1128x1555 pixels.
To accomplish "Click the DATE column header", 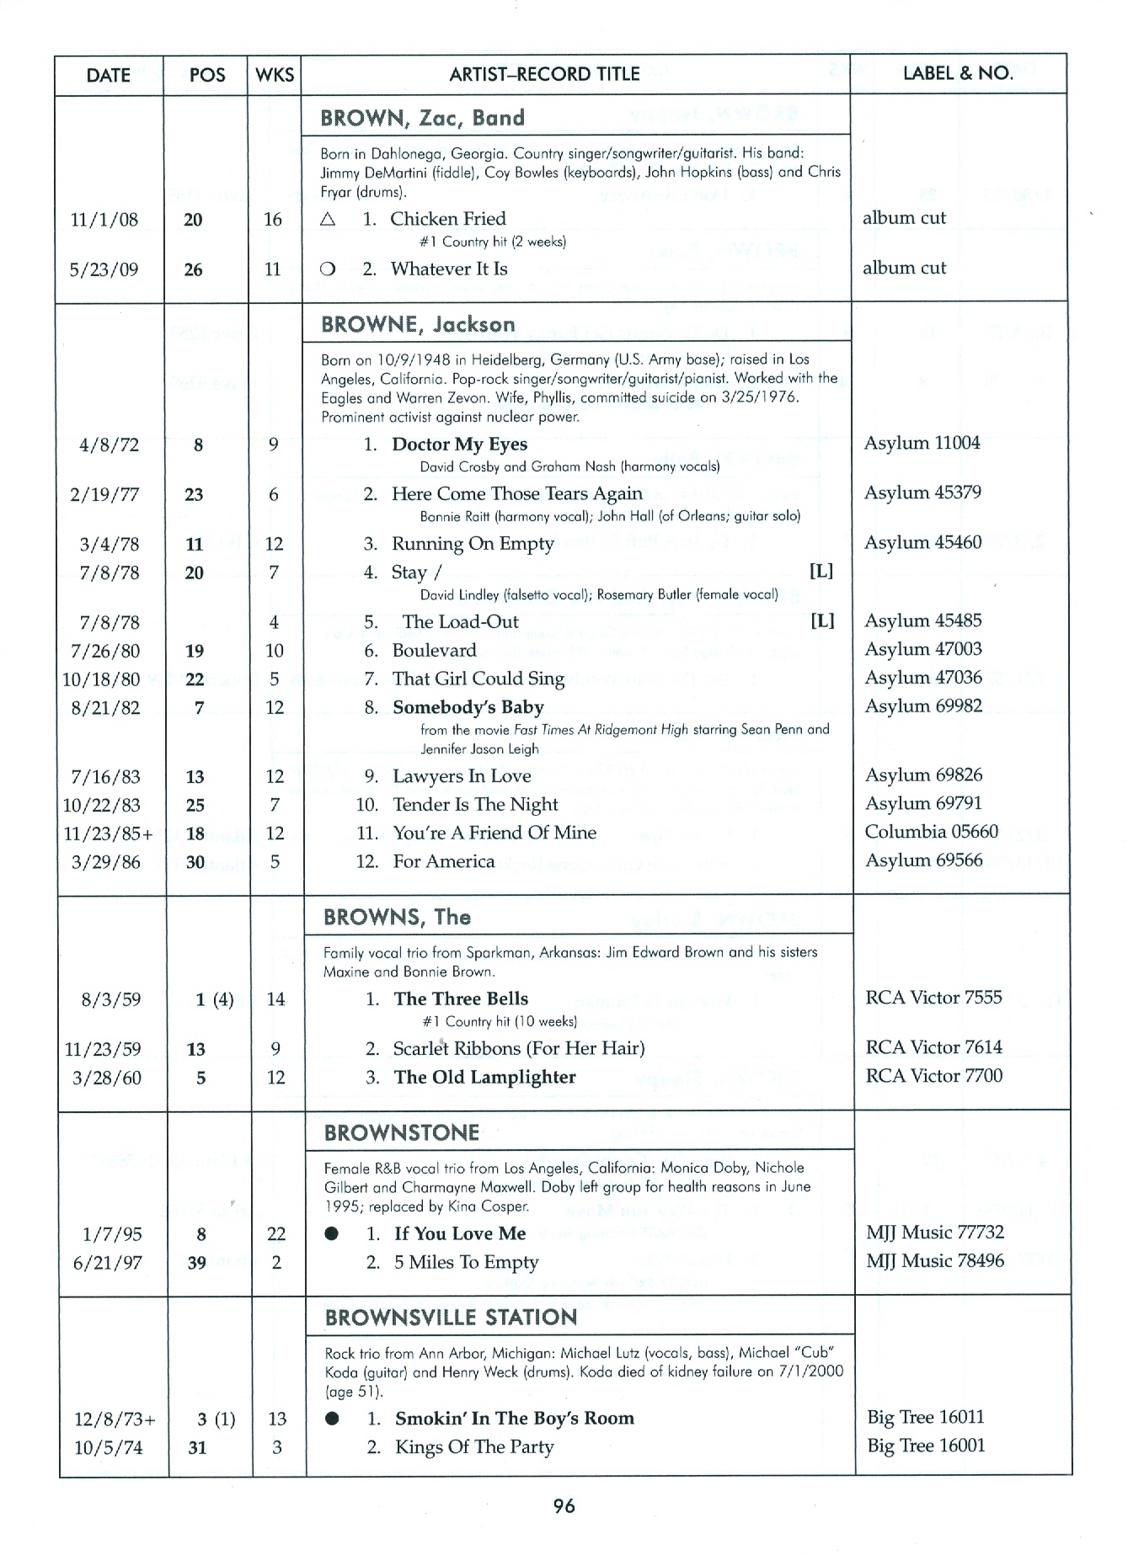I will coord(108,75).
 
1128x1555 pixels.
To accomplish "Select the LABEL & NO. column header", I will coord(958,73).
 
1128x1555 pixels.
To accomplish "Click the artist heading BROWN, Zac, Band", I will coord(422,118).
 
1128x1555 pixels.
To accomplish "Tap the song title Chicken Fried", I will coord(447,219).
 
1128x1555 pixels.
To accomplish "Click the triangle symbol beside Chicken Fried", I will coord(329,219).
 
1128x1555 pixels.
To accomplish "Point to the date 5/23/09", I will coord(104,270).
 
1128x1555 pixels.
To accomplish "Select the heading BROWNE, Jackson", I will coord(418,325).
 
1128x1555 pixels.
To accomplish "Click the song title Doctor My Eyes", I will coord(459,445).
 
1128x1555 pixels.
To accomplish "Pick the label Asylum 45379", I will coord(922,493).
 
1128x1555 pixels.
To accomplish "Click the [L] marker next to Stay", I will coord(821,572).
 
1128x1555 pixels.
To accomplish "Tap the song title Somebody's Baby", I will coord(468,707).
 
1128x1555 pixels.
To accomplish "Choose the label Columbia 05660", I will coord(931,832).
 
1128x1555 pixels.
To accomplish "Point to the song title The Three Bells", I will coord(461,999).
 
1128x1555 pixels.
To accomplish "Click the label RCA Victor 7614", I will coord(933,1047).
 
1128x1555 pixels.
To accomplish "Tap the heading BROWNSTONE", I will coord(402,1133).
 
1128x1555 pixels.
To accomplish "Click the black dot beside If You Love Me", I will coord(332,1234).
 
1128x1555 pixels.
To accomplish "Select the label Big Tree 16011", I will coord(926,1418).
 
